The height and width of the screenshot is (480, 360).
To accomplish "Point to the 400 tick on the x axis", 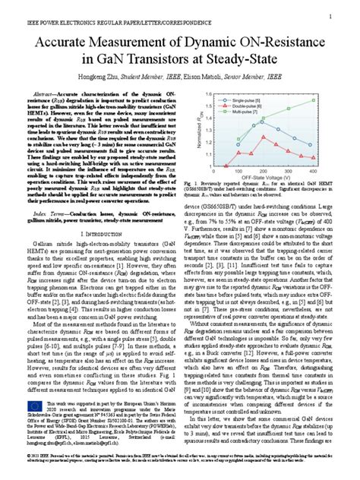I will (311, 173).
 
